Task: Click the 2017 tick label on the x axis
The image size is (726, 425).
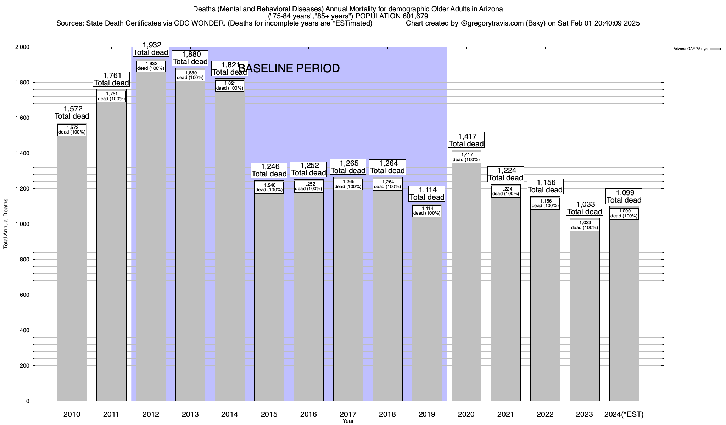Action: click(348, 414)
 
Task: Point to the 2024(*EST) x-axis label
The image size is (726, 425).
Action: click(624, 414)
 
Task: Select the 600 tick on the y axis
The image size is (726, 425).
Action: click(25, 295)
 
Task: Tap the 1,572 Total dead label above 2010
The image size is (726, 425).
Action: click(72, 112)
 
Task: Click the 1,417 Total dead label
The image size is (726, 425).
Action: click(466, 140)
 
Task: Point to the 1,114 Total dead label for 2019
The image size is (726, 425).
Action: click(427, 193)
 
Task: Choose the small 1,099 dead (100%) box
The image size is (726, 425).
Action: click(624, 214)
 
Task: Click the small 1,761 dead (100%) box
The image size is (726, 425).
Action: click(111, 96)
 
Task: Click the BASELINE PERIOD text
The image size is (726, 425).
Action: click(289, 68)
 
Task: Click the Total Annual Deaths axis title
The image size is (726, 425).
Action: click(6, 223)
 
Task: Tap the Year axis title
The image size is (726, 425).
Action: click(348, 421)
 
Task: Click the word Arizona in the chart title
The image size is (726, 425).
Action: click(491, 9)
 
